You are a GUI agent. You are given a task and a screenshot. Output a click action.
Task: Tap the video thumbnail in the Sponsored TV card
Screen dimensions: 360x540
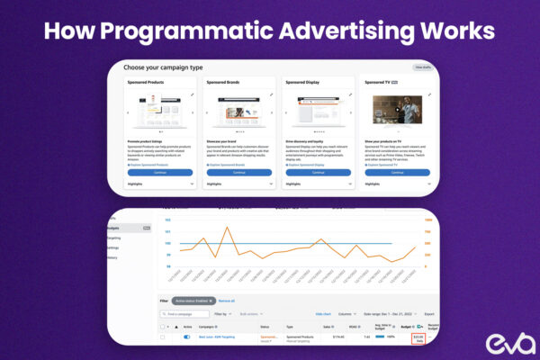(x=397, y=111)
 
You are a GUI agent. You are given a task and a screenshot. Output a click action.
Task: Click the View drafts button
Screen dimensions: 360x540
(x=422, y=67)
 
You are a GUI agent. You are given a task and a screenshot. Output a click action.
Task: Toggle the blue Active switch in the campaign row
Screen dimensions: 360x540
(x=187, y=337)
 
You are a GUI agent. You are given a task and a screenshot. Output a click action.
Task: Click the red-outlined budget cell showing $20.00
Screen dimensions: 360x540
(x=418, y=338)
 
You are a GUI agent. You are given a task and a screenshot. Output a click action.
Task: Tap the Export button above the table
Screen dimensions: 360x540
(x=418, y=314)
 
